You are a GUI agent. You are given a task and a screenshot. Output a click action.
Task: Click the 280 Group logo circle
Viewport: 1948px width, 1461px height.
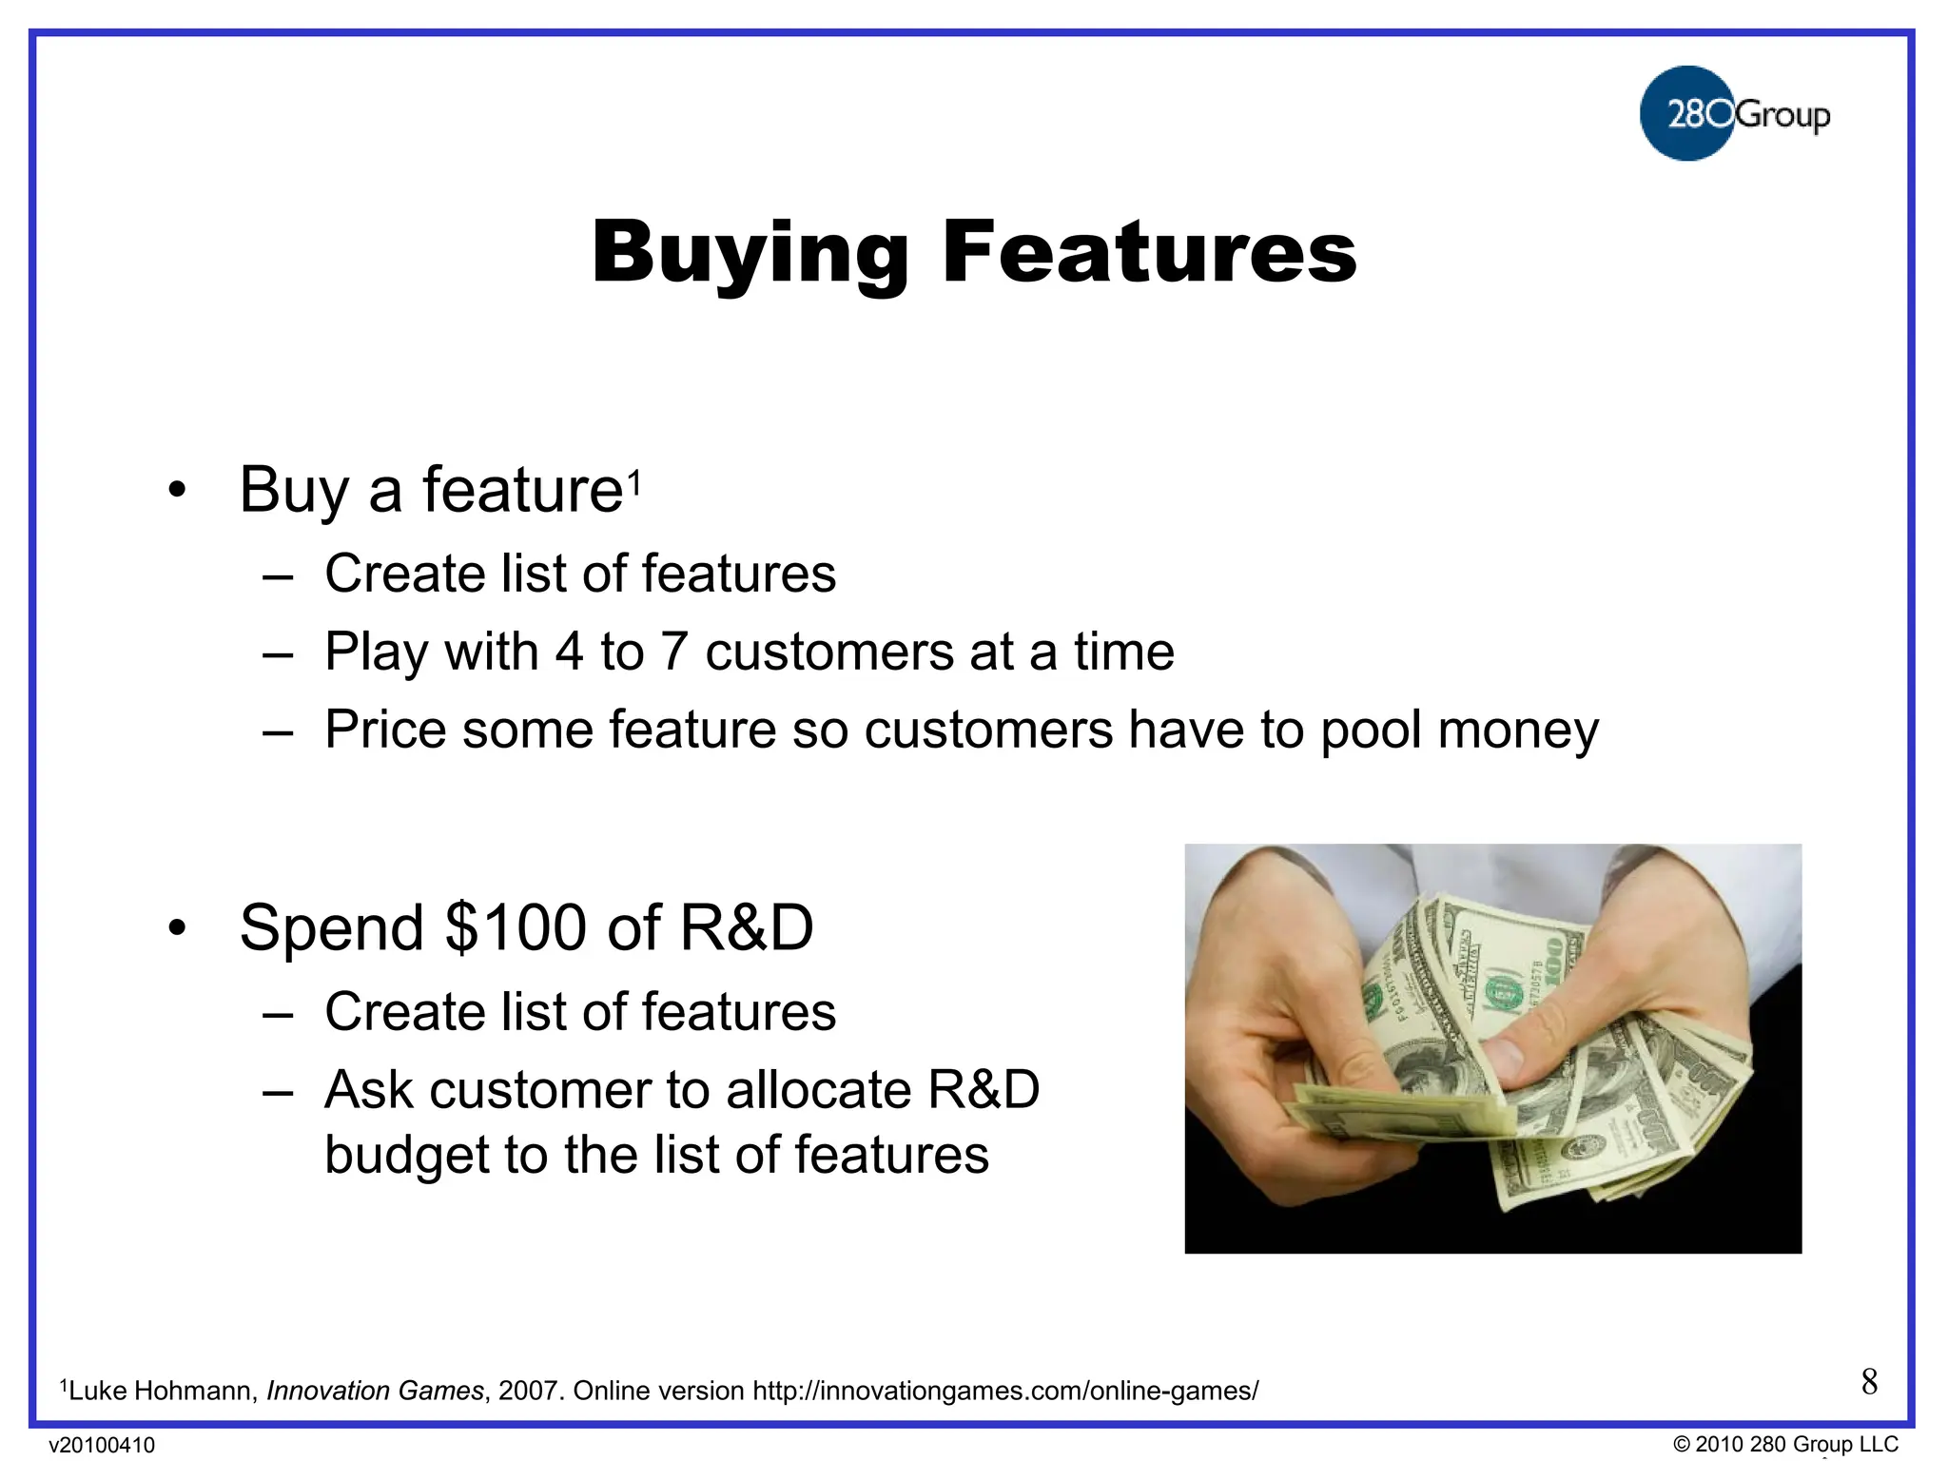tap(1687, 113)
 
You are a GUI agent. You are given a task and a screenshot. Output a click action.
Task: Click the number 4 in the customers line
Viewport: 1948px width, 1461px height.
tap(569, 653)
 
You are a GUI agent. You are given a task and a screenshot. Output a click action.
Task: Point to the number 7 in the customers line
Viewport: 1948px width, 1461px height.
tap(673, 653)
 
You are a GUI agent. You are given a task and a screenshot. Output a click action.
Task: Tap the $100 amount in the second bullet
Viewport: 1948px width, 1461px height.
tap(516, 928)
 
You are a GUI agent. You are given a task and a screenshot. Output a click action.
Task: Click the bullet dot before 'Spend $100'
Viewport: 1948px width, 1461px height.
tap(177, 929)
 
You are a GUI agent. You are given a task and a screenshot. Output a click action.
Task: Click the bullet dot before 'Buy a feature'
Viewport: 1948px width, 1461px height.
tap(177, 492)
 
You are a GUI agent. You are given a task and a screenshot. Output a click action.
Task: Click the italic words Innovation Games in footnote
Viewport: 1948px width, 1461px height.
tap(375, 1391)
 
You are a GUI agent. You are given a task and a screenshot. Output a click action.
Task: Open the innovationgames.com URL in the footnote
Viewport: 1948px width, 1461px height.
tap(1004, 1391)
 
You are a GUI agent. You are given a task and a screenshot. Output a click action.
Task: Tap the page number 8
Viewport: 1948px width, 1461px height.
tap(1869, 1381)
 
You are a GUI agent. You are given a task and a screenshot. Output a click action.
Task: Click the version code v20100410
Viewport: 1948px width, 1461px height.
tap(102, 1445)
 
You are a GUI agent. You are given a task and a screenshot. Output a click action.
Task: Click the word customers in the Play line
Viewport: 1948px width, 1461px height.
tap(829, 653)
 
